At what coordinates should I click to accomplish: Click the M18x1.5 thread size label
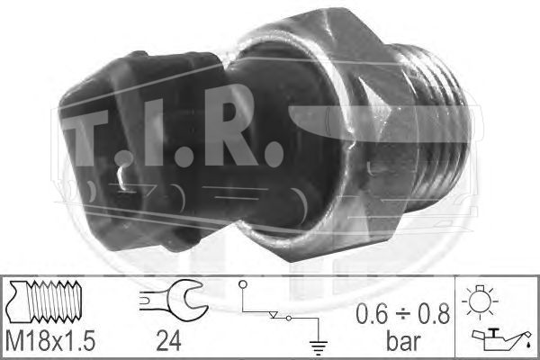click(x=50, y=341)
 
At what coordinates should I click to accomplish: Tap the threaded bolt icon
click(x=45, y=301)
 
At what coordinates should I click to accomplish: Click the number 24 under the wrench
click(x=169, y=341)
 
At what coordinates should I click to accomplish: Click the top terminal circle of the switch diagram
click(x=243, y=284)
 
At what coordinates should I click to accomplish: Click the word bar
click(x=403, y=341)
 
